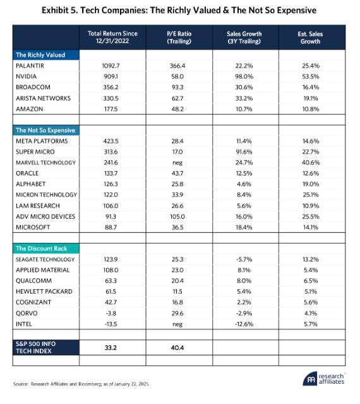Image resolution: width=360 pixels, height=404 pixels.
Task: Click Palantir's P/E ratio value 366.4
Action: click(177, 66)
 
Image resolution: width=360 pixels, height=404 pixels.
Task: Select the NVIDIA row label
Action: click(27, 76)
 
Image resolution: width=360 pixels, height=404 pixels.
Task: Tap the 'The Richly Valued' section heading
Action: click(40, 55)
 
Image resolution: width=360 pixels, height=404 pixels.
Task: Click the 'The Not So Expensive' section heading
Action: click(45, 131)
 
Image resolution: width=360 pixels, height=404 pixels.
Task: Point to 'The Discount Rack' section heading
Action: click(42, 248)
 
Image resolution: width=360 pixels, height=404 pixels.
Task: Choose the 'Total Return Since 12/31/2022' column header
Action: click(112, 37)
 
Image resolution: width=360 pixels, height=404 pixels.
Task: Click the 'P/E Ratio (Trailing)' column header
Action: click(179, 37)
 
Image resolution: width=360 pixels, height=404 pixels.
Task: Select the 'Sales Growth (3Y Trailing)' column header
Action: click(244, 38)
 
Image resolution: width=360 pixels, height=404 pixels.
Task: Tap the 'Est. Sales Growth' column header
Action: click(311, 38)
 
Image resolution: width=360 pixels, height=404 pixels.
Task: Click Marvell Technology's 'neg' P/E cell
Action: click(177, 163)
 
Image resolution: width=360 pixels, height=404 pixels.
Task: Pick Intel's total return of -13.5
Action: click(111, 324)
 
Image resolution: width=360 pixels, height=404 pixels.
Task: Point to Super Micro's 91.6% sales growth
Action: click(244, 152)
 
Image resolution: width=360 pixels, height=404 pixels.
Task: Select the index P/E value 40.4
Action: click(177, 348)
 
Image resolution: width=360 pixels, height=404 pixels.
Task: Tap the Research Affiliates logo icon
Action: click(311, 379)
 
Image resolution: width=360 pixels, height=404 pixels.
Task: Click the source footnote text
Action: click(81, 384)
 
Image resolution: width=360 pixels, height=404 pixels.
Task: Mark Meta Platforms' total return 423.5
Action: click(111, 141)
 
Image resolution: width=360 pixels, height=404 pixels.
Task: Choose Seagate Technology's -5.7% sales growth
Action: click(244, 259)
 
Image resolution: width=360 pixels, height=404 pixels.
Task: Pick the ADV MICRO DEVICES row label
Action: click(45, 217)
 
